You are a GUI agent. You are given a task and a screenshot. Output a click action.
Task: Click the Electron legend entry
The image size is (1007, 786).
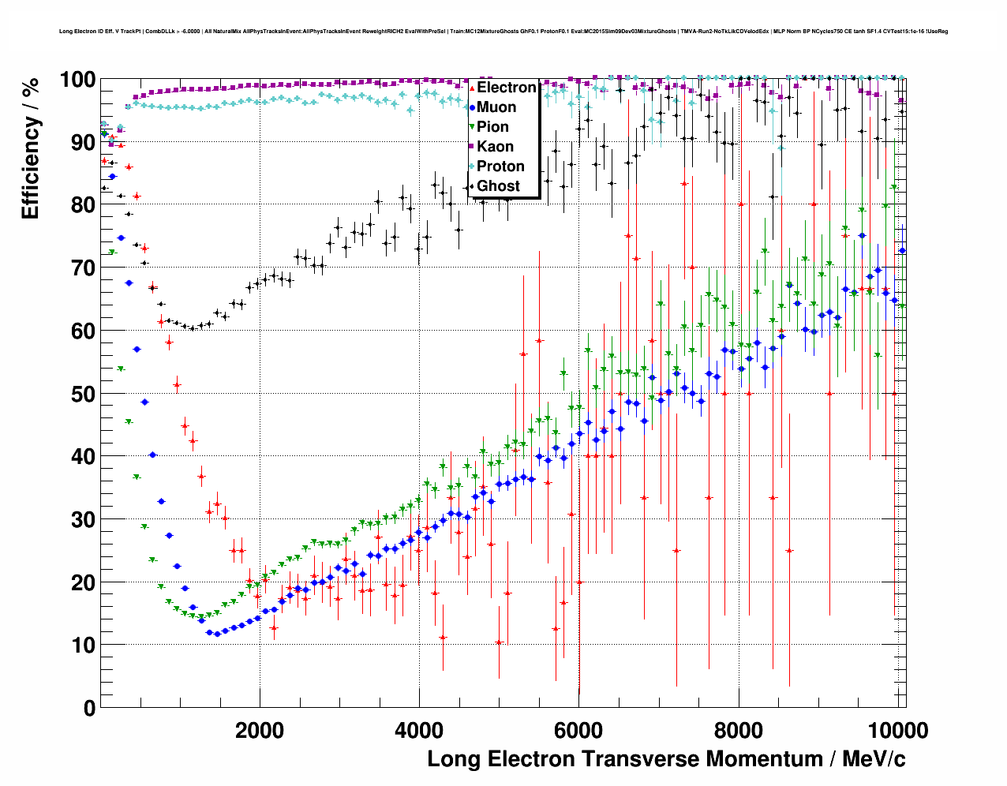point(506,88)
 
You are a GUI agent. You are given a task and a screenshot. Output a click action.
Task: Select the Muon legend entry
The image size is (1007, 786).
point(496,107)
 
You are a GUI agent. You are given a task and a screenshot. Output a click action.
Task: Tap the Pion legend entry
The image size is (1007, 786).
point(492,127)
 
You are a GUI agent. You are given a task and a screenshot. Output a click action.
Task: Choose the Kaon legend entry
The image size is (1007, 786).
point(495,147)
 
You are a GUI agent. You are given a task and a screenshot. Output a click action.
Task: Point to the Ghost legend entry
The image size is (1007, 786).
point(498,186)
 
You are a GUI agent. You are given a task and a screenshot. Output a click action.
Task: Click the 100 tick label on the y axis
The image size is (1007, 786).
point(77,80)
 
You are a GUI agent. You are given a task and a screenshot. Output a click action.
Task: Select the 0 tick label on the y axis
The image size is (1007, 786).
point(88,708)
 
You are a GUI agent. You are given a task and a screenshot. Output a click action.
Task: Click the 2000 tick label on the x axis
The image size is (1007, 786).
point(260,730)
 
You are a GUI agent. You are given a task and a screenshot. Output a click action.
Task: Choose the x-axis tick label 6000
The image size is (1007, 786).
point(578,730)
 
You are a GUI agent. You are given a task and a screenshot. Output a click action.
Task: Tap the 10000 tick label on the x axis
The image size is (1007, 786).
point(897,730)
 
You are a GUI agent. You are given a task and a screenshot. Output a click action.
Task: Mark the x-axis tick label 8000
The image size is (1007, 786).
point(738,730)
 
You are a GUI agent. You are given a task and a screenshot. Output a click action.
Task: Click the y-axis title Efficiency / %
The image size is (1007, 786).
point(30,149)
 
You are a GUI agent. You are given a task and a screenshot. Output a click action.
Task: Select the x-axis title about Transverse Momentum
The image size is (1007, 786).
point(666,759)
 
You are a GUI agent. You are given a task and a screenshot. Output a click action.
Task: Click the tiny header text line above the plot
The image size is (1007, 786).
point(503,32)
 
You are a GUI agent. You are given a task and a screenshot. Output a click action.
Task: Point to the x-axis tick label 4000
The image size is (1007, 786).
point(419,730)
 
